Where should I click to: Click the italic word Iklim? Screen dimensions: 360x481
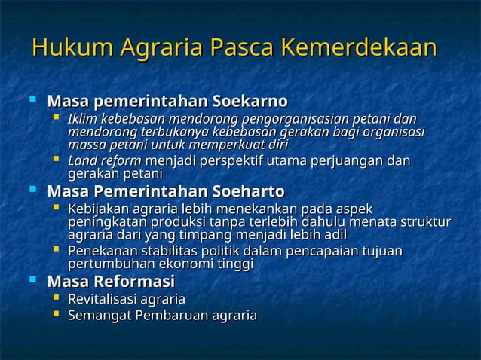(83, 120)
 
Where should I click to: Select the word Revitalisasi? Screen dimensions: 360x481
(106, 300)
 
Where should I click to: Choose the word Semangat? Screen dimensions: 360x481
(97, 315)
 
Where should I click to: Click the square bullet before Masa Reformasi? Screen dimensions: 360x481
(32, 282)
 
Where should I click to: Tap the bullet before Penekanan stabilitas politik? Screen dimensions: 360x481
(56, 249)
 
